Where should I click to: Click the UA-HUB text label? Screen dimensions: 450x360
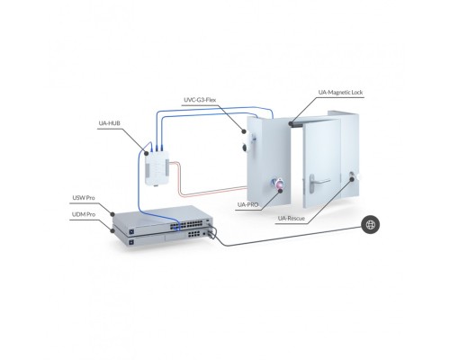110,123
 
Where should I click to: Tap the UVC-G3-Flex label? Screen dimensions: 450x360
200,100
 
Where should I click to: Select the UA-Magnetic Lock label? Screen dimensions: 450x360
340,93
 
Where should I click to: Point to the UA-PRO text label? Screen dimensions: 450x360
247,204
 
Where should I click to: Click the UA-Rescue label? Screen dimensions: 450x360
292,218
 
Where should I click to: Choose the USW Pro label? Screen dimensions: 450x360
84,198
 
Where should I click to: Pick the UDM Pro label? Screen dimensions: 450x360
84,214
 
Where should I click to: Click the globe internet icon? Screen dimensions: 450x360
371,224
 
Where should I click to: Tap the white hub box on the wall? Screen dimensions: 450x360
157,167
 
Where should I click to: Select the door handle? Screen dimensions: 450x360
317,182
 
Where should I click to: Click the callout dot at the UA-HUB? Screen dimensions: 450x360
147,153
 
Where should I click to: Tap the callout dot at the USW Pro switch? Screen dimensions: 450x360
112,214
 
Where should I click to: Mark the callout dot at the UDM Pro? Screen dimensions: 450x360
112,230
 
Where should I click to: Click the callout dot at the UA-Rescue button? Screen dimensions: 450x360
352,179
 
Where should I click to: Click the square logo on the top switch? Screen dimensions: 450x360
130,231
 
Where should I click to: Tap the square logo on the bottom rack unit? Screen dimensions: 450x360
130,241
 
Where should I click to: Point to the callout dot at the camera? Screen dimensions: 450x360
244,131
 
